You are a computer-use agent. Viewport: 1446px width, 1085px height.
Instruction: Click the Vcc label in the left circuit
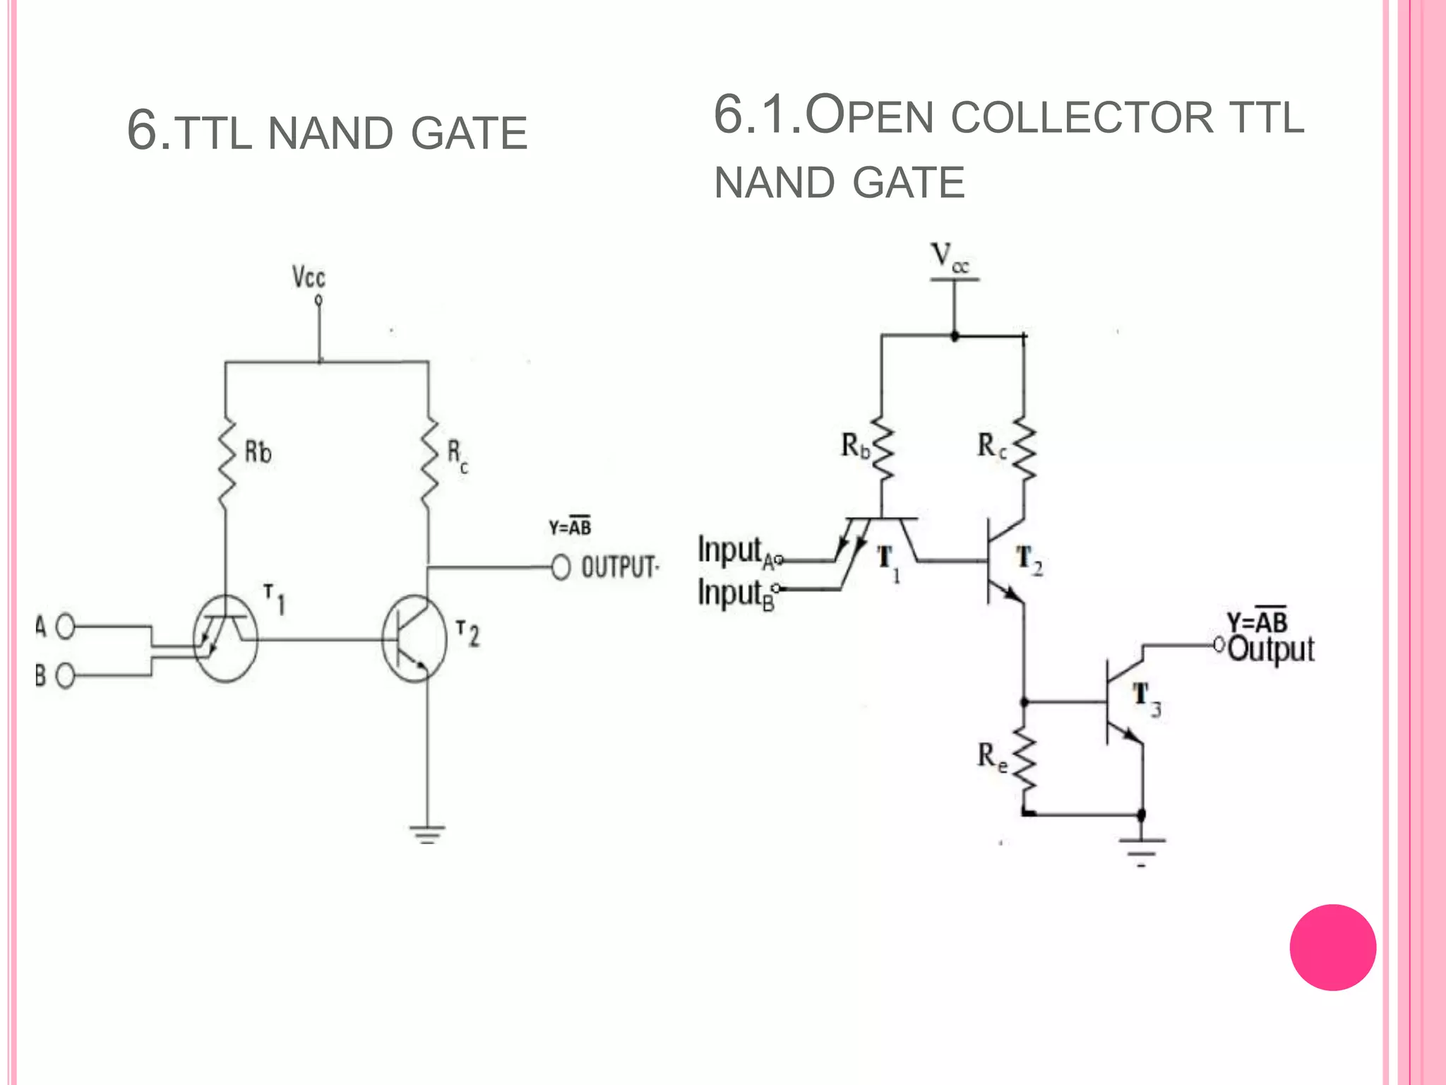click(x=309, y=278)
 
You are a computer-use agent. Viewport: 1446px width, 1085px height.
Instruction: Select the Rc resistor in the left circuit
click(x=429, y=463)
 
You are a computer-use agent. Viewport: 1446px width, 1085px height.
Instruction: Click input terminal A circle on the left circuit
click(x=65, y=627)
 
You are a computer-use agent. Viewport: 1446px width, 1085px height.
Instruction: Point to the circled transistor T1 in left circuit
click(x=226, y=638)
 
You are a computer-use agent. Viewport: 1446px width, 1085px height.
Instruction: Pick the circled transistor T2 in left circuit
click(x=414, y=639)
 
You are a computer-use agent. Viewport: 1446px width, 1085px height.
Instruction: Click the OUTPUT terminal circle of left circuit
click(x=561, y=567)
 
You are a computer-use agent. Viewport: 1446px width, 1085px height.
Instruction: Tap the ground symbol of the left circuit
click(x=427, y=834)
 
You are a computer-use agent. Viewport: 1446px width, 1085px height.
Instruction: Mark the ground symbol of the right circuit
click(x=1142, y=850)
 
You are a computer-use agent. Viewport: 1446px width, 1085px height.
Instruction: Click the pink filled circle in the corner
click(x=1332, y=947)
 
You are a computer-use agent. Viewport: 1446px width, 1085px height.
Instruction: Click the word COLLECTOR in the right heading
click(x=1082, y=117)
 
